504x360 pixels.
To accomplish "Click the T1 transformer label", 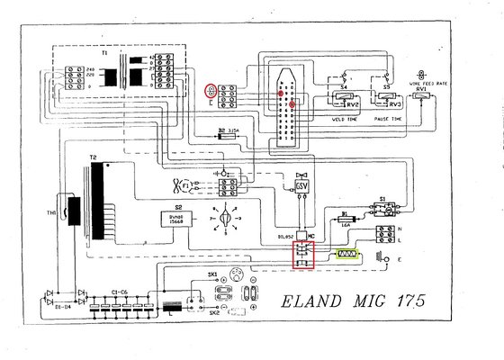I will point(103,53).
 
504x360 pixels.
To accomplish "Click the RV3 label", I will point(395,103).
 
